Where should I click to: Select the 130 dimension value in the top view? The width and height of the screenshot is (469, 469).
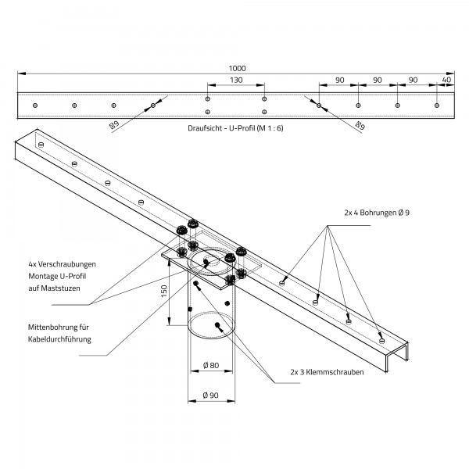235,80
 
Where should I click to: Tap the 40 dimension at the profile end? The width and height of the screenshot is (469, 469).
446,80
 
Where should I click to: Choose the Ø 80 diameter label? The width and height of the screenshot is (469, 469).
209,366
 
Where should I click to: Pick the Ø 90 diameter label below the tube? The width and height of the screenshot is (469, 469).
209,396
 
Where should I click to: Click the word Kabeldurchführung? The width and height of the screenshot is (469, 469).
59,339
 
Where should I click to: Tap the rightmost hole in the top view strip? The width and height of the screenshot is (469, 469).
437,105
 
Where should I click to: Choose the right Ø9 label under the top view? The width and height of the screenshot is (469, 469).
360,124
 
